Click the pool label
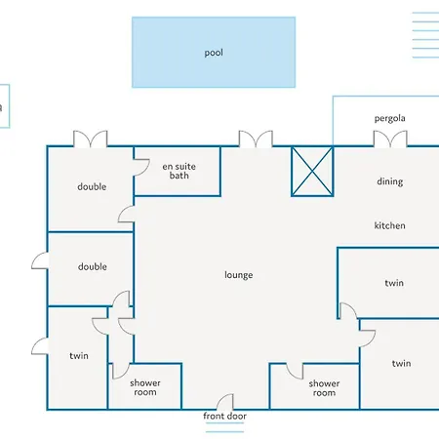coord(214,53)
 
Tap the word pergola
coord(389,118)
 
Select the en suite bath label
coord(179,171)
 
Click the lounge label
coord(238,275)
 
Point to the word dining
coord(390,181)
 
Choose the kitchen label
coord(389,225)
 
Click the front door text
coord(224,416)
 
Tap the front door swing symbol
coord(225,402)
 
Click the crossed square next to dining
coord(312,172)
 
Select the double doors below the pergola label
coord(390,139)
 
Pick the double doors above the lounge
coord(256,139)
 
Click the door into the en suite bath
coord(141,167)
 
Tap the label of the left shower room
coord(145,387)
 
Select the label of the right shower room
coord(324,388)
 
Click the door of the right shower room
coord(295,371)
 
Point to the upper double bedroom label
coord(92,186)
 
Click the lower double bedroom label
coord(93,266)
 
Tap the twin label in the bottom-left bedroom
coord(79,356)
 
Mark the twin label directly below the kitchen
coord(394,283)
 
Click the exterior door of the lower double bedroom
coord(40,260)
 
